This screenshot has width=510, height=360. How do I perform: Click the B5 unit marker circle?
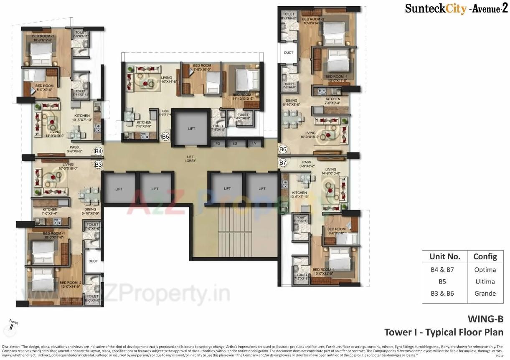coord(165,137)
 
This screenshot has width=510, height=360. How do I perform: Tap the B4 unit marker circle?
coord(99,151)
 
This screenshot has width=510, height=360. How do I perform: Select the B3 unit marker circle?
coord(98,165)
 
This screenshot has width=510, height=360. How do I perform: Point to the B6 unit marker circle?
coord(283,149)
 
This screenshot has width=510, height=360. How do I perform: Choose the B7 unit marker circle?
coord(283,162)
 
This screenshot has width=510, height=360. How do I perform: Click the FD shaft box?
coord(218,143)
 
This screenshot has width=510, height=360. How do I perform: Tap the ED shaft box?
coord(235,143)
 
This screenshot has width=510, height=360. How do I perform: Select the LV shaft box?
coord(254,143)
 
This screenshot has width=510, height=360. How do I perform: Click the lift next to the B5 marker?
coord(191,128)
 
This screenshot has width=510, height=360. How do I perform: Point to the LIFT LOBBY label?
coord(191,159)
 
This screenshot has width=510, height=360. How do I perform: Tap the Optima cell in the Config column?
coord(485,270)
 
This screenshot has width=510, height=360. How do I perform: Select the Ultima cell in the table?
coord(485,281)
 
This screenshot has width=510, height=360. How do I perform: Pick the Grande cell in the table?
coord(485,293)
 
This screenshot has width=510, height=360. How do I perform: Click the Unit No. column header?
coord(445,256)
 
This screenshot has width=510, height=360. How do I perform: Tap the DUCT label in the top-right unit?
coord(288,53)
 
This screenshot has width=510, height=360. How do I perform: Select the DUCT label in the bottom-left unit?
coord(93,261)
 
